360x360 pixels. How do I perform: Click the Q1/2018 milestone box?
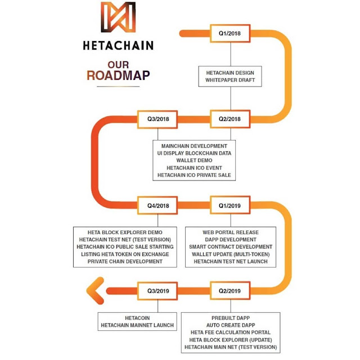click(x=229, y=33)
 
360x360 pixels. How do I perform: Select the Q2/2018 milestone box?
click(x=229, y=119)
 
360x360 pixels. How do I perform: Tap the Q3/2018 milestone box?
click(x=158, y=119)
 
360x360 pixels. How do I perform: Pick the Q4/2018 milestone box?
click(x=158, y=205)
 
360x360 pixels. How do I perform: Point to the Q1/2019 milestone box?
click(x=229, y=205)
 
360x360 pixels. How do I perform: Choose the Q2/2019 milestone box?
click(x=229, y=291)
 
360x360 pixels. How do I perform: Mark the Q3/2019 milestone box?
click(x=158, y=291)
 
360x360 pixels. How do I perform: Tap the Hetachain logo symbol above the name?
click(x=118, y=17)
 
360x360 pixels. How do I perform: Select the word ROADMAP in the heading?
click(x=118, y=75)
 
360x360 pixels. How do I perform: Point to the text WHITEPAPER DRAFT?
click(x=230, y=80)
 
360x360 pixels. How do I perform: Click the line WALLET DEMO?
click(x=194, y=161)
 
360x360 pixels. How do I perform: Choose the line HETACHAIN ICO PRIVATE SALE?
click(x=194, y=175)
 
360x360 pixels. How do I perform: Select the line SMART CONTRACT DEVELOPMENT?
click(x=229, y=247)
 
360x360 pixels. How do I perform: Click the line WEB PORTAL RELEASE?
click(x=229, y=232)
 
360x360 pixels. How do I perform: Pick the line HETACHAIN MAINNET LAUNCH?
click(x=138, y=325)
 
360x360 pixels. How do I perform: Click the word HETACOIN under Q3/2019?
click(x=138, y=318)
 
